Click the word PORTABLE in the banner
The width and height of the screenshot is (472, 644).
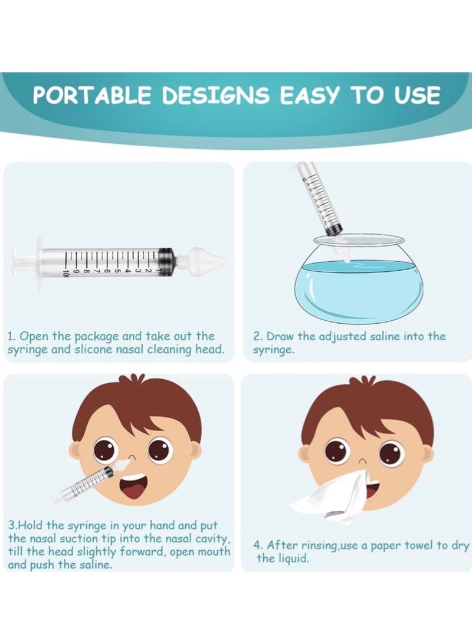tap(93, 95)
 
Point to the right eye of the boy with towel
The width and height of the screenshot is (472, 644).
tap(391, 454)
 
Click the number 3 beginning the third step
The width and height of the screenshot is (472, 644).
tap(11, 525)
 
